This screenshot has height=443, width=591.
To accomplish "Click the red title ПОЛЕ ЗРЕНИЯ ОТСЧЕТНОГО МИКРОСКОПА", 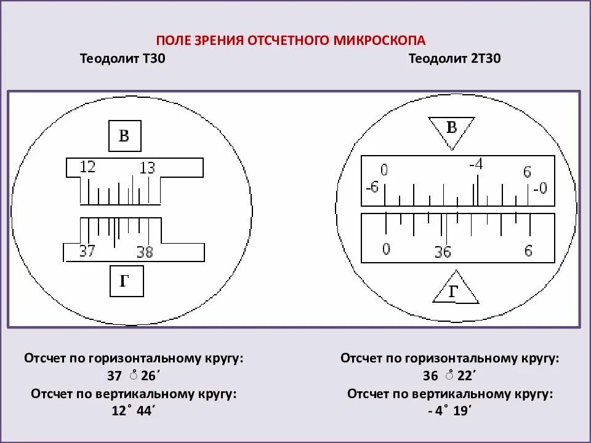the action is tap(290, 41).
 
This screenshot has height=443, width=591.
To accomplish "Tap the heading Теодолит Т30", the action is tap(122, 59).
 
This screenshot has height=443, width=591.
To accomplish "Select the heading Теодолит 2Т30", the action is tap(454, 59).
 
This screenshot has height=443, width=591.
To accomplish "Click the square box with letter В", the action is tap(124, 136).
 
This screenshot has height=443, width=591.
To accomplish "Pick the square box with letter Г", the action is tap(126, 282).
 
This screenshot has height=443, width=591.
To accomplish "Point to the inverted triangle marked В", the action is tap(452, 130).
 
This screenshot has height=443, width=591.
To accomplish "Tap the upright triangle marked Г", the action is tap(455, 291).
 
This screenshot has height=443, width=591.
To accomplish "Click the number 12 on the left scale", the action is tap(87, 167).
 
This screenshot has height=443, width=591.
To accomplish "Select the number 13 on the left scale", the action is tap(147, 167).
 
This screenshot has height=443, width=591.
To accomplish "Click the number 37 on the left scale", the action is tap(87, 251).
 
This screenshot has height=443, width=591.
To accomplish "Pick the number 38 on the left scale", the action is tap(145, 252).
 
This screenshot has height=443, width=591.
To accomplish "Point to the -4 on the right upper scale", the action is tap(476, 164).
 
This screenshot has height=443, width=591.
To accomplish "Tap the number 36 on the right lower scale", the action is tap(442, 252).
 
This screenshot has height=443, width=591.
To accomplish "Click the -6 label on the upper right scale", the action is tap(371, 187).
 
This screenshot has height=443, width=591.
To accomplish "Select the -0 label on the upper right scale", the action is tap(539, 188).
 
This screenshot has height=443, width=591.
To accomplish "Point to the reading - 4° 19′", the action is tap(449, 410).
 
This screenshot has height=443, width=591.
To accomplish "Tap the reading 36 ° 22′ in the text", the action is tap(449, 375).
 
